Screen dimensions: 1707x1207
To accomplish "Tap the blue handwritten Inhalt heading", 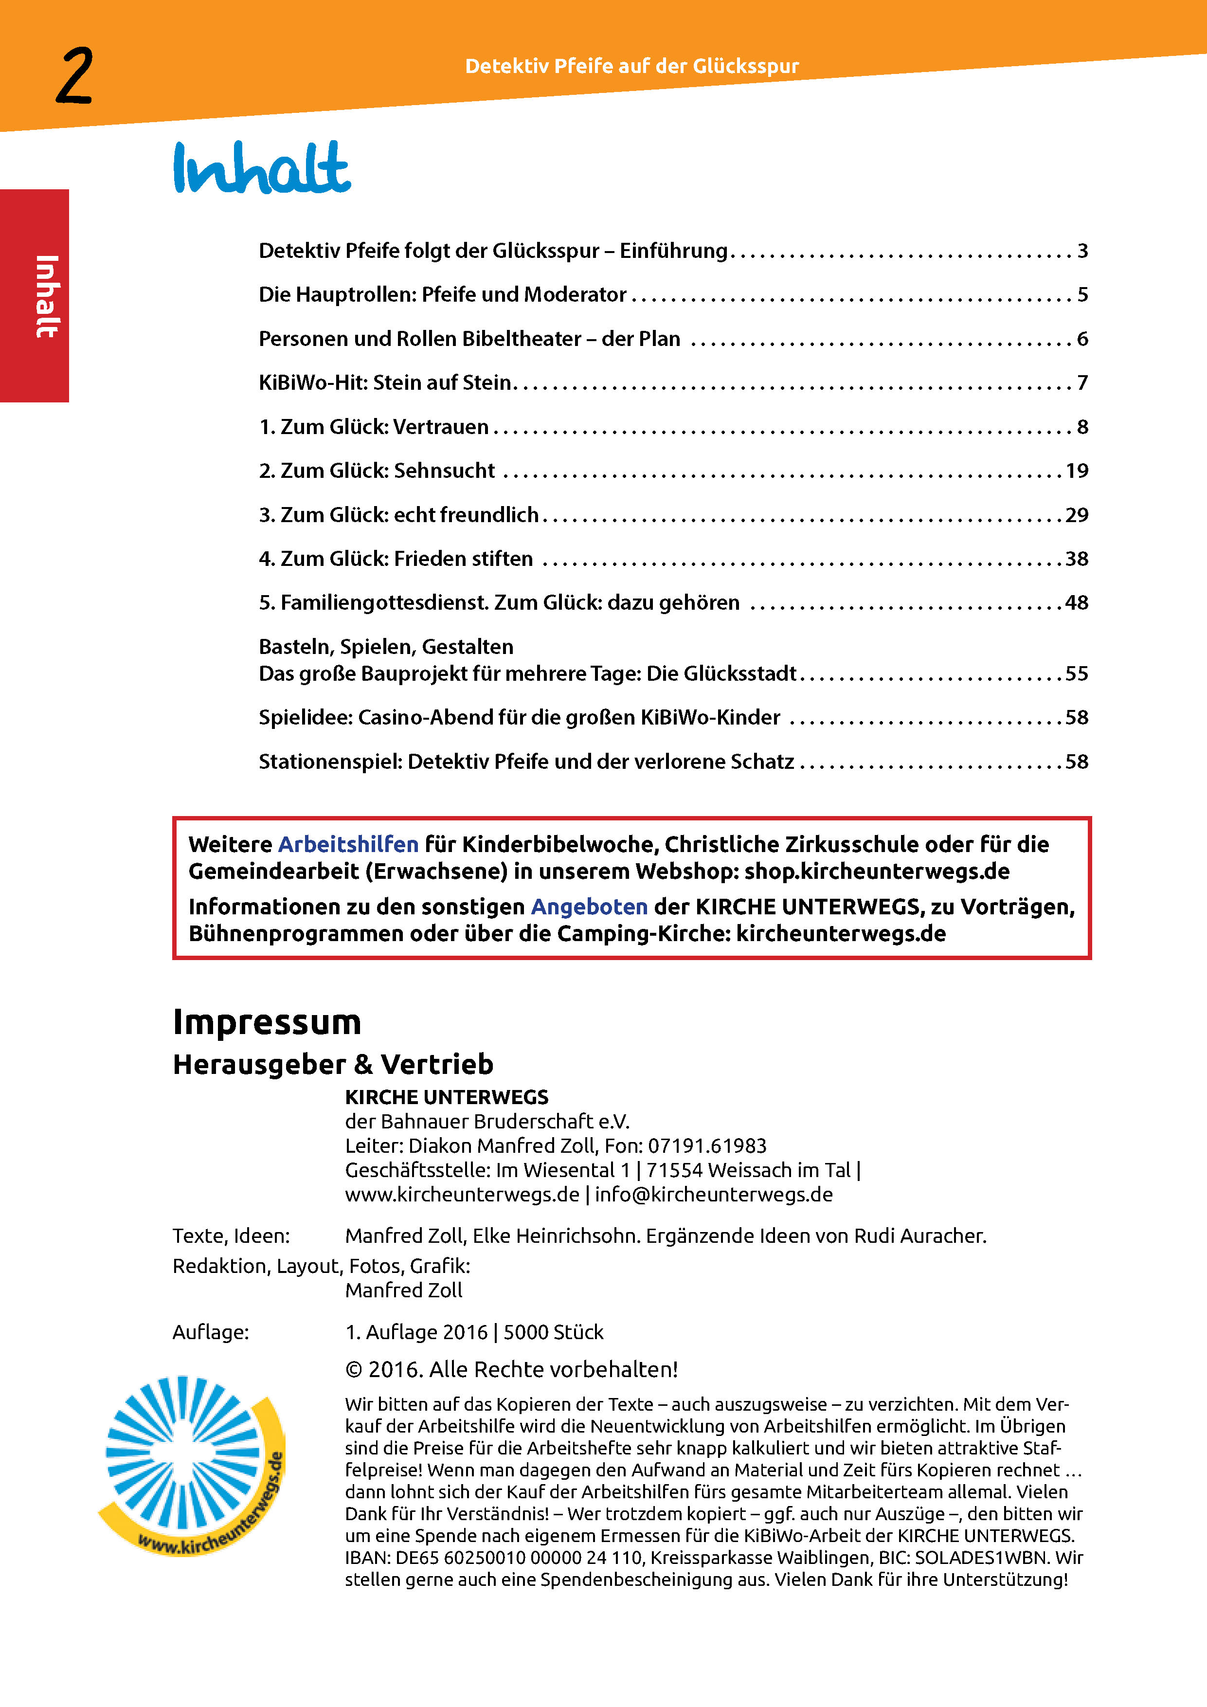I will click(x=262, y=168).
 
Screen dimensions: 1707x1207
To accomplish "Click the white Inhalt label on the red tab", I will click(x=46, y=296).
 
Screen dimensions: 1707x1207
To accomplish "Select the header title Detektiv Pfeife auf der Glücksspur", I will click(x=632, y=66).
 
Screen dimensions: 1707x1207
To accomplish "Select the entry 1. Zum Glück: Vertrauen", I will click(x=374, y=427).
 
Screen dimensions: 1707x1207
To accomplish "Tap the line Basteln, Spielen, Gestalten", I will click(x=386, y=647).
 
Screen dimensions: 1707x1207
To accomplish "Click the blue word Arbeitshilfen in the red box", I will click(x=348, y=845).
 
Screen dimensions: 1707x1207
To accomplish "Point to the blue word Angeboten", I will click(x=589, y=907).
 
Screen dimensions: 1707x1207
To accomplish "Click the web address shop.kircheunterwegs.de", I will click(x=877, y=872).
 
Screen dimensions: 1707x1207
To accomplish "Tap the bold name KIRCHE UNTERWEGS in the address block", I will click(x=447, y=1097).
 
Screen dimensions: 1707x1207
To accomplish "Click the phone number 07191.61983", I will click(x=707, y=1145).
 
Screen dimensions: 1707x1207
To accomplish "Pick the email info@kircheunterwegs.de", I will click(x=714, y=1194).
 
